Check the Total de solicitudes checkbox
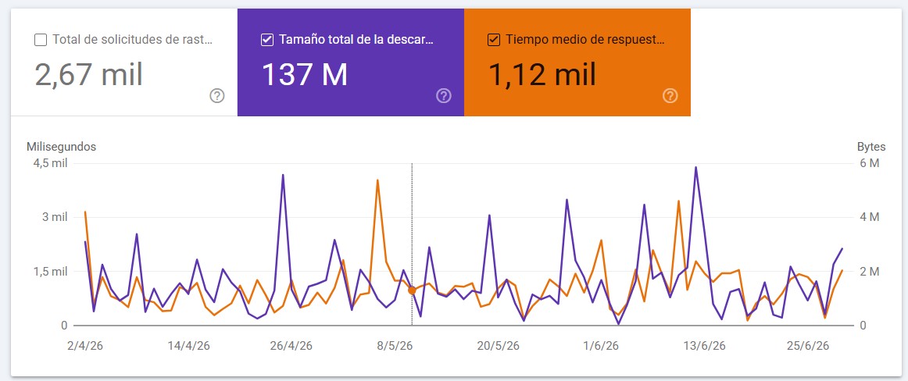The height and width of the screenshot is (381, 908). pos(41,40)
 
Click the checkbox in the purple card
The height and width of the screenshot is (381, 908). pos(267,40)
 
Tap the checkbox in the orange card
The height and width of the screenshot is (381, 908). pos(493,40)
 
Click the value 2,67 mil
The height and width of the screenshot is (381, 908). pos(88,75)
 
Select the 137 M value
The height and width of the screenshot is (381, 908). pos(305,75)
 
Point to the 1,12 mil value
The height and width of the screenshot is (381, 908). pos(542,75)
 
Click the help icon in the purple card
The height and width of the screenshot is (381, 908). pos(444,96)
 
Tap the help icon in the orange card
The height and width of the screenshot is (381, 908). pos(670,96)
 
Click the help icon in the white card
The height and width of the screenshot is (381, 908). pos(217,96)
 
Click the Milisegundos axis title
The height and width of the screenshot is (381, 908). pos(62,147)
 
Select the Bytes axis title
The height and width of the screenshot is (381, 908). pos(871,147)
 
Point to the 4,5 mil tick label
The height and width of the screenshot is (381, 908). pos(50,164)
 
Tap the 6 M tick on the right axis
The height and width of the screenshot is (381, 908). pos(870,164)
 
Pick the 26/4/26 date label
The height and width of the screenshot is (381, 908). pos(291,346)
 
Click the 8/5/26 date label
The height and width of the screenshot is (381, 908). pos(395,346)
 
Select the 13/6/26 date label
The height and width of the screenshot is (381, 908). pos(704,346)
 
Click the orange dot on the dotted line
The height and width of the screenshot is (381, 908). pos(413,290)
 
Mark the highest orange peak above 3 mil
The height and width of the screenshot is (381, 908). pos(377,180)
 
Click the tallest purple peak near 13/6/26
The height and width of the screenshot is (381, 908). pos(695,168)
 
